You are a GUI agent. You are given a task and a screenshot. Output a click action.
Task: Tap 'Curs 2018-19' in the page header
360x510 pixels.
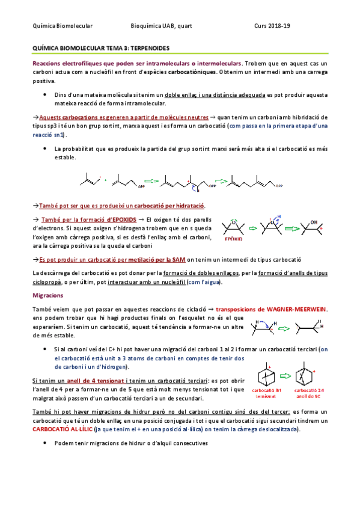pos(272,25)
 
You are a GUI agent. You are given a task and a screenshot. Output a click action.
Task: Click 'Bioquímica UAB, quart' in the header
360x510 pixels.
pos(162,25)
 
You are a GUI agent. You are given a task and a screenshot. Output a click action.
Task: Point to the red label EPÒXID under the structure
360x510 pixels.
pos(233,239)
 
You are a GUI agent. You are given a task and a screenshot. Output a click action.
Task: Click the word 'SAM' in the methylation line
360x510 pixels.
pos(178,260)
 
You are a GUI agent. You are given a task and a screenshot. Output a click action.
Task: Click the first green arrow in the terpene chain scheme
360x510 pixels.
pos(152,179)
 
